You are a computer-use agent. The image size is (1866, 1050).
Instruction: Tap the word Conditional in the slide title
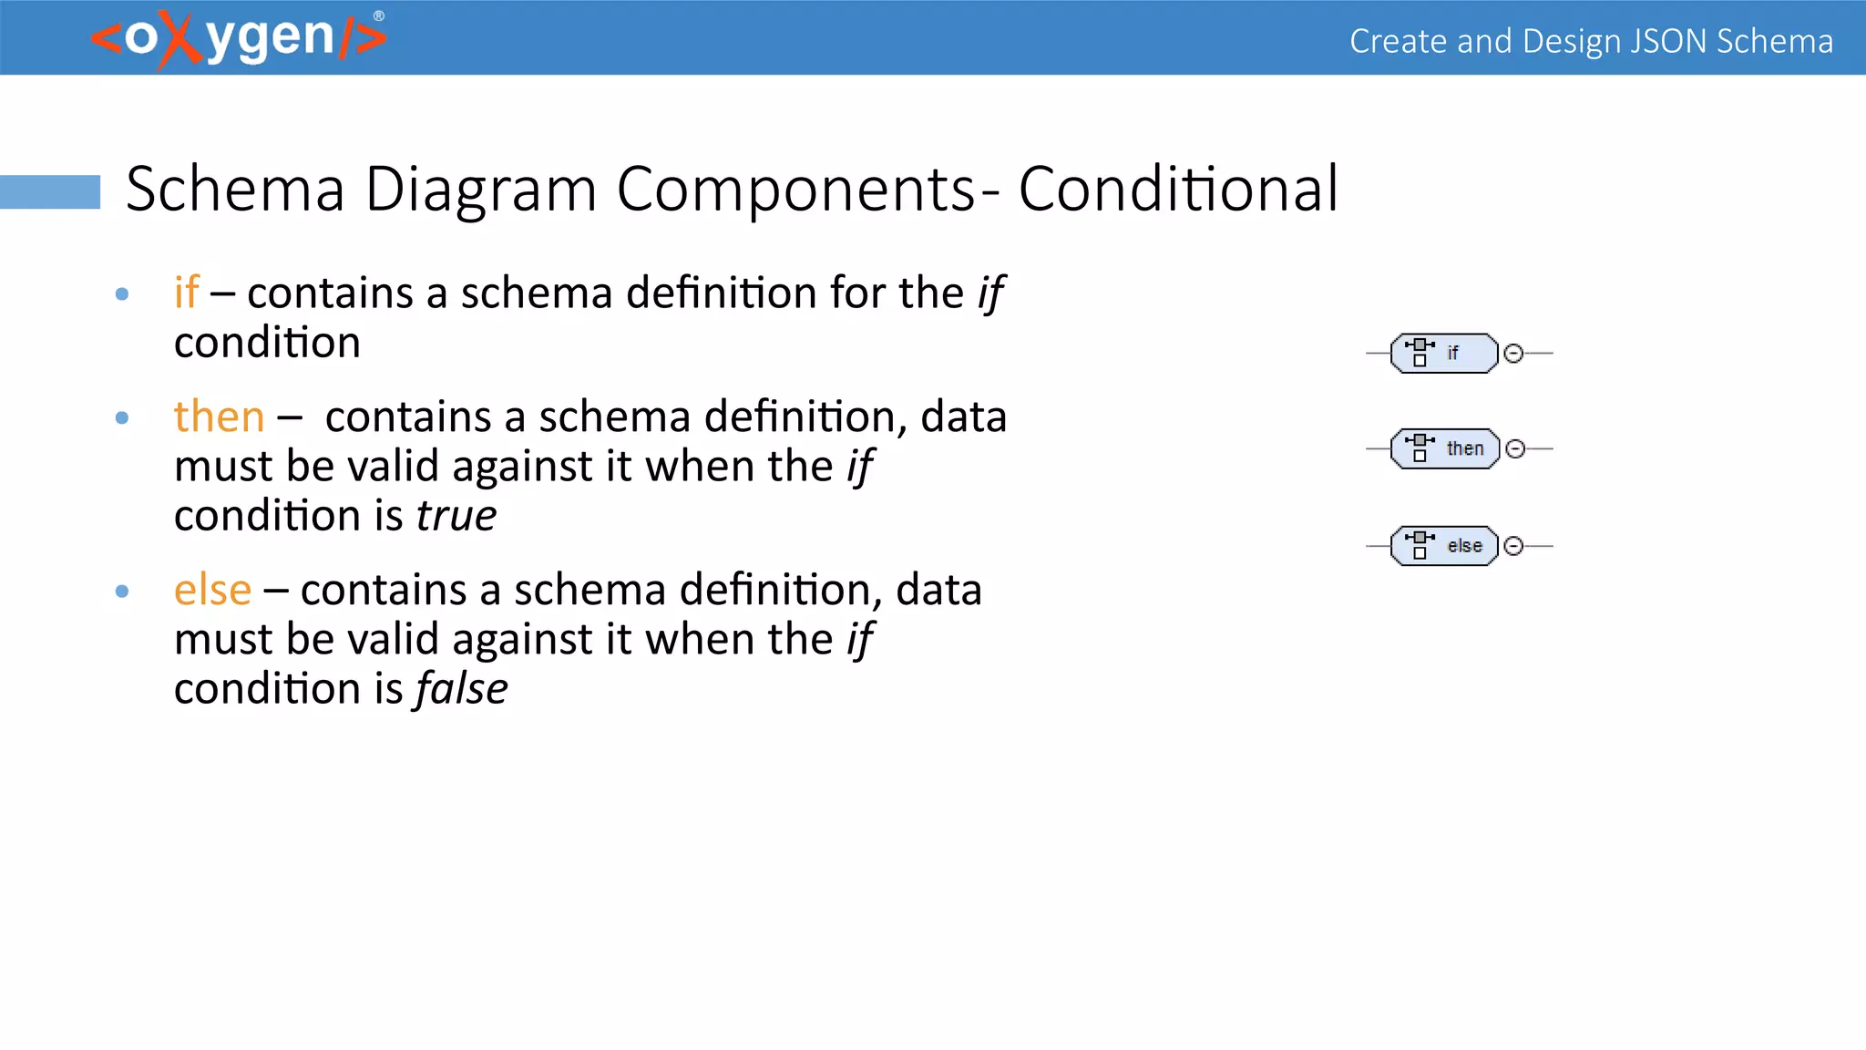(x=1178, y=190)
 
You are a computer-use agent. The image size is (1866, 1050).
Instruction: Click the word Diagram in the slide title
(x=480, y=190)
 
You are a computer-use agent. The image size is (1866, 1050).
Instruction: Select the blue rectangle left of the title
(x=50, y=191)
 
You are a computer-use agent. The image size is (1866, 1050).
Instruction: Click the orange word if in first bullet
(x=186, y=293)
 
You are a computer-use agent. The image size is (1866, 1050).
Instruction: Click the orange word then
(x=219, y=417)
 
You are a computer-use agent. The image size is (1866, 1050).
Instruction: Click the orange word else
(x=212, y=590)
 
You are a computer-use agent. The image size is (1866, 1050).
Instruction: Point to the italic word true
(x=456, y=516)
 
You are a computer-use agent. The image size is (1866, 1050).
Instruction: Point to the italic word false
(x=461, y=689)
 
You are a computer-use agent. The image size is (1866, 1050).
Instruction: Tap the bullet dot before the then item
(x=122, y=418)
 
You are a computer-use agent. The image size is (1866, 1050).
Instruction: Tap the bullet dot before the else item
(x=122, y=592)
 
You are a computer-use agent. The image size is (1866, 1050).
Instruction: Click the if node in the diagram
(x=1445, y=354)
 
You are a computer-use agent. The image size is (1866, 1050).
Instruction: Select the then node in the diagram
(x=1445, y=448)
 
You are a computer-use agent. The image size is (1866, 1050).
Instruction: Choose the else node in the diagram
(x=1445, y=546)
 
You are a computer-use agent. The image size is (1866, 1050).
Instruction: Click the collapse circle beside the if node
(x=1513, y=354)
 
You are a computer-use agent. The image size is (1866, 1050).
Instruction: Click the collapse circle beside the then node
(x=1514, y=448)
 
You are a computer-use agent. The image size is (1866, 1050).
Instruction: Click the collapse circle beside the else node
(x=1513, y=546)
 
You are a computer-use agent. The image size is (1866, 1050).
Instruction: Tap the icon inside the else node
(x=1420, y=544)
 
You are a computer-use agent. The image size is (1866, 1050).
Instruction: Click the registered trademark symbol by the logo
(x=379, y=15)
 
